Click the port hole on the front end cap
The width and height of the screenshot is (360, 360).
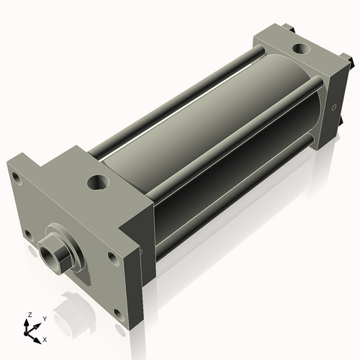click(97, 181)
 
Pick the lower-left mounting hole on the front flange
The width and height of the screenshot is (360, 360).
click(27, 234)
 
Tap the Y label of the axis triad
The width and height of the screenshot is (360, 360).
click(45, 318)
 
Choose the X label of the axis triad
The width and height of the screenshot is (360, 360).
click(45, 338)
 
